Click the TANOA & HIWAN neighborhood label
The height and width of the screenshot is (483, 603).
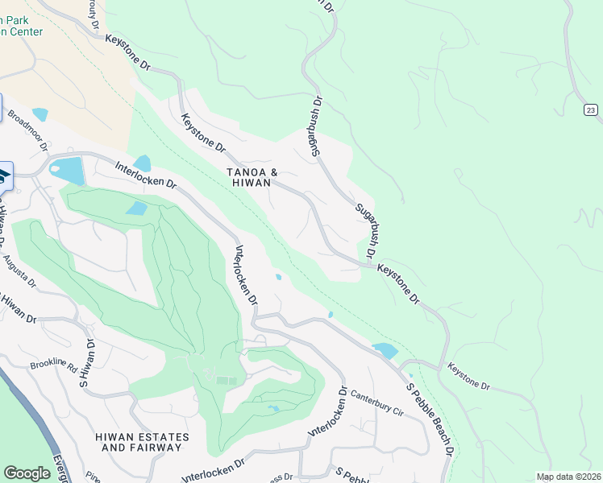[x=252, y=178]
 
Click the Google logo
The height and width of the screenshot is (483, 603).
[x=27, y=473]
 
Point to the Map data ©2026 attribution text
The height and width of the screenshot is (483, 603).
[x=568, y=477]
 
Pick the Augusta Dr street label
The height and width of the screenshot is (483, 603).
[x=20, y=272]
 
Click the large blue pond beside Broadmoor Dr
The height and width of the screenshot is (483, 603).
[x=66, y=170]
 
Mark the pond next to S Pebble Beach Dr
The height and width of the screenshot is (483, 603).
[x=385, y=351]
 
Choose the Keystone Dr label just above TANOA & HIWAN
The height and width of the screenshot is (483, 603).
[x=202, y=133]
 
